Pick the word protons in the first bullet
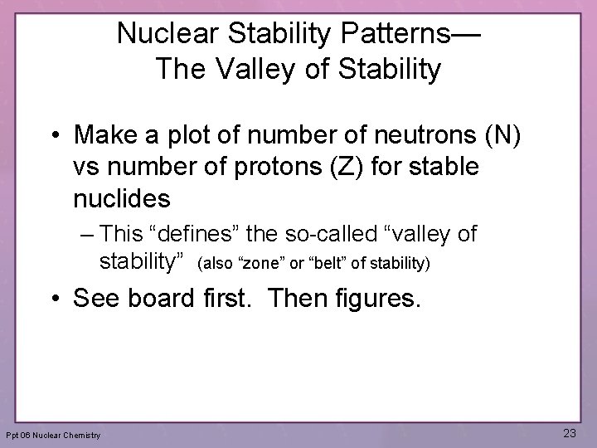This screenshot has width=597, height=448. click(258, 167)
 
